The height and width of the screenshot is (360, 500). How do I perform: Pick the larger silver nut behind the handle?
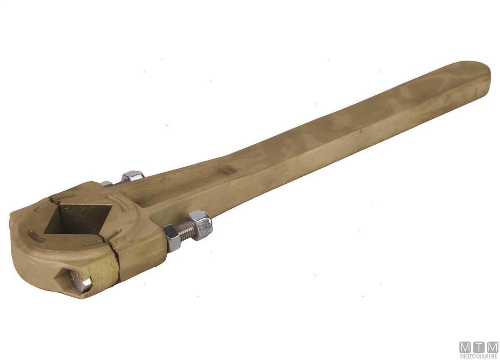pyautogui.click(x=133, y=176)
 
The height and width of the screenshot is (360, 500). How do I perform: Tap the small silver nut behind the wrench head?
pyautogui.click(x=107, y=184)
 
